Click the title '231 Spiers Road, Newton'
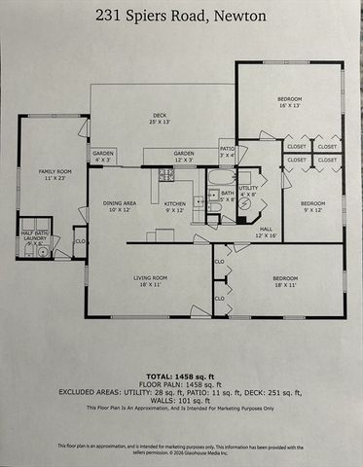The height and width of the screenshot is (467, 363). (x=181, y=15)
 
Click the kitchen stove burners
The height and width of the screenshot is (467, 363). (x=166, y=175)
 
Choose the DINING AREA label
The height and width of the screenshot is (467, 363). (x=120, y=206)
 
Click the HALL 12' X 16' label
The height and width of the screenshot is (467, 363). (x=266, y=233)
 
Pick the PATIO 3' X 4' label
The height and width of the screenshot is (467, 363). (x=228, y=152)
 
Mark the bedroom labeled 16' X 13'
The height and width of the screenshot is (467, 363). (x=289, y=102)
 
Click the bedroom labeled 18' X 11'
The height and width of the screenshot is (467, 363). (x=276, y=282)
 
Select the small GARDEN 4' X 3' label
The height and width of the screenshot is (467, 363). (x=103, y=157)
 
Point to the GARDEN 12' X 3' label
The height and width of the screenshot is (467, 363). (x=183, y=157)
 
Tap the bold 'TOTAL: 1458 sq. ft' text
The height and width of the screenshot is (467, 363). (x=181, y=374)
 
